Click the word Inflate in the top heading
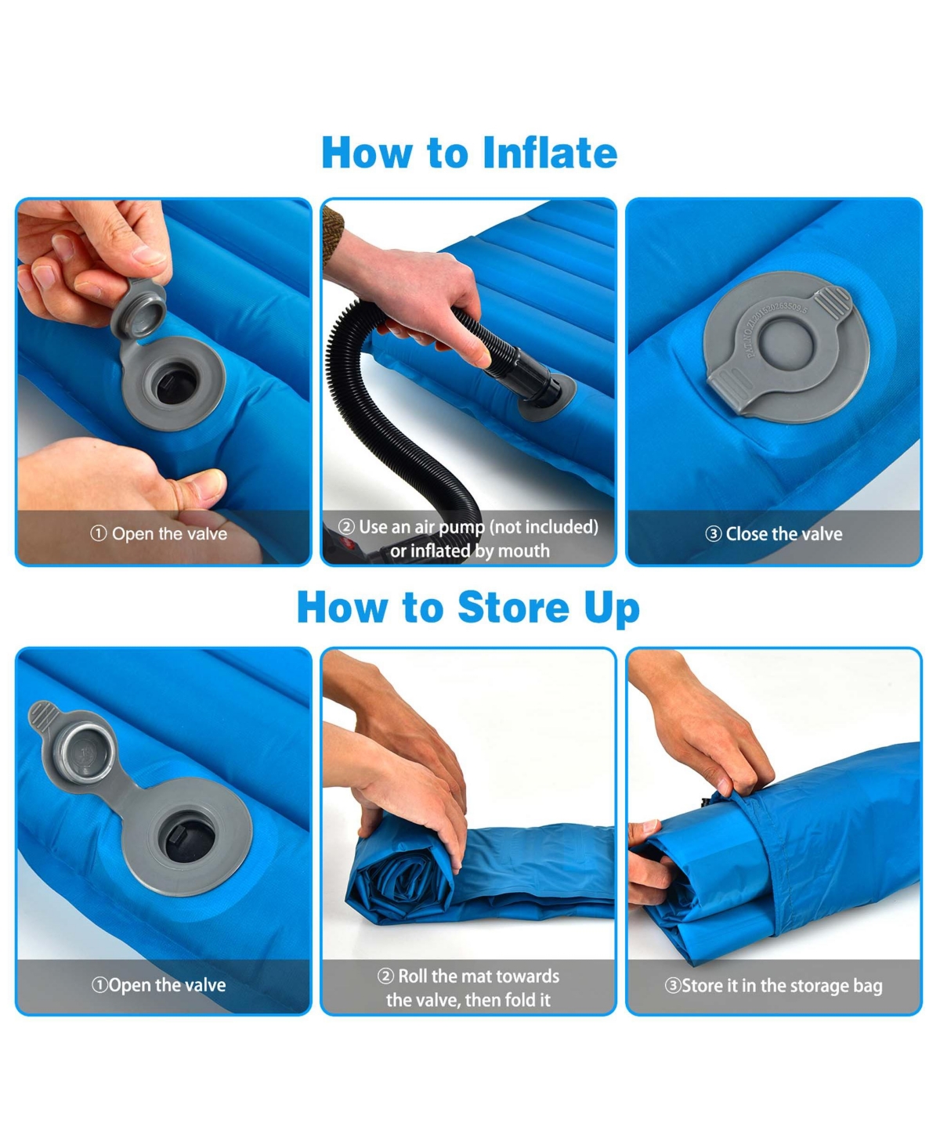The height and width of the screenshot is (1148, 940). tap(549, 153)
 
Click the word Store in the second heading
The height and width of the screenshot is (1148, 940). tap(513, 608)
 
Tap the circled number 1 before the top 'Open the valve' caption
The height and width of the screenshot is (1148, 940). tap(99, 534)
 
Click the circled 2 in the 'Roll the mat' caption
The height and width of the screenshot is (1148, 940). tap(385, 977)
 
